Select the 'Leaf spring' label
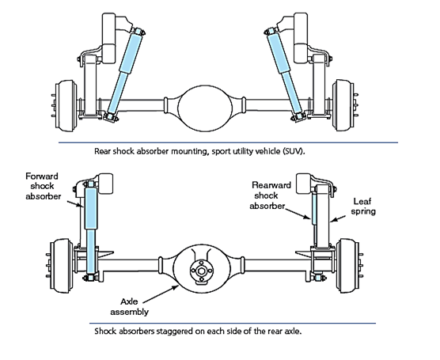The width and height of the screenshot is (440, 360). tap(363, 206)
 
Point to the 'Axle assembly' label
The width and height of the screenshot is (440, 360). tap(129, 306)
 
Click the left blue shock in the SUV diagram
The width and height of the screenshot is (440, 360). tap(123, 74)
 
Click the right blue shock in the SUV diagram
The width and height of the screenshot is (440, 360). tap(286, 74)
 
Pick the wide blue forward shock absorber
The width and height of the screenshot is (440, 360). tap(91, 229)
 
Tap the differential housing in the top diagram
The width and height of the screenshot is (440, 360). tap(205, 108)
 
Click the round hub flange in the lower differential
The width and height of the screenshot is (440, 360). tap(202, 271)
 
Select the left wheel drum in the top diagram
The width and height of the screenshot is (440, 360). tap(66, 106)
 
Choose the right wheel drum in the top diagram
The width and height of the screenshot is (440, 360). tap(343, 105)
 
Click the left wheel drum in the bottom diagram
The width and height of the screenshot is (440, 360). tap(62, 266)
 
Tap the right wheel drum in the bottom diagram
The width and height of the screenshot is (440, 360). tap(347, 266)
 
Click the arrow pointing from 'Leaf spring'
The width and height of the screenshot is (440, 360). tap(338, 218)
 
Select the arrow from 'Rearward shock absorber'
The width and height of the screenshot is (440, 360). tap(298, 213)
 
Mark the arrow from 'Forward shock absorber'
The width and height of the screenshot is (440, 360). tap(75, 204)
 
